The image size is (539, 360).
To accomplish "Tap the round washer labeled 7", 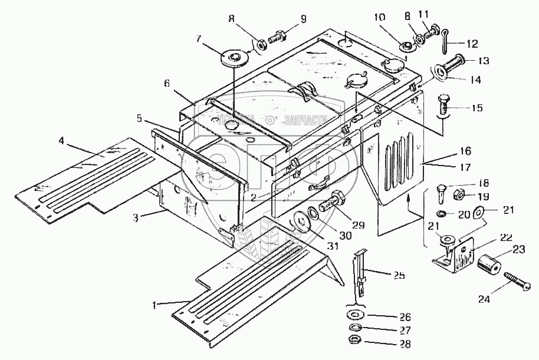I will [234, 58].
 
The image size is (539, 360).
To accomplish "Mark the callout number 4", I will [61, 142].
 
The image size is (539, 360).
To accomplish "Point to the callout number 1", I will [156, 305].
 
